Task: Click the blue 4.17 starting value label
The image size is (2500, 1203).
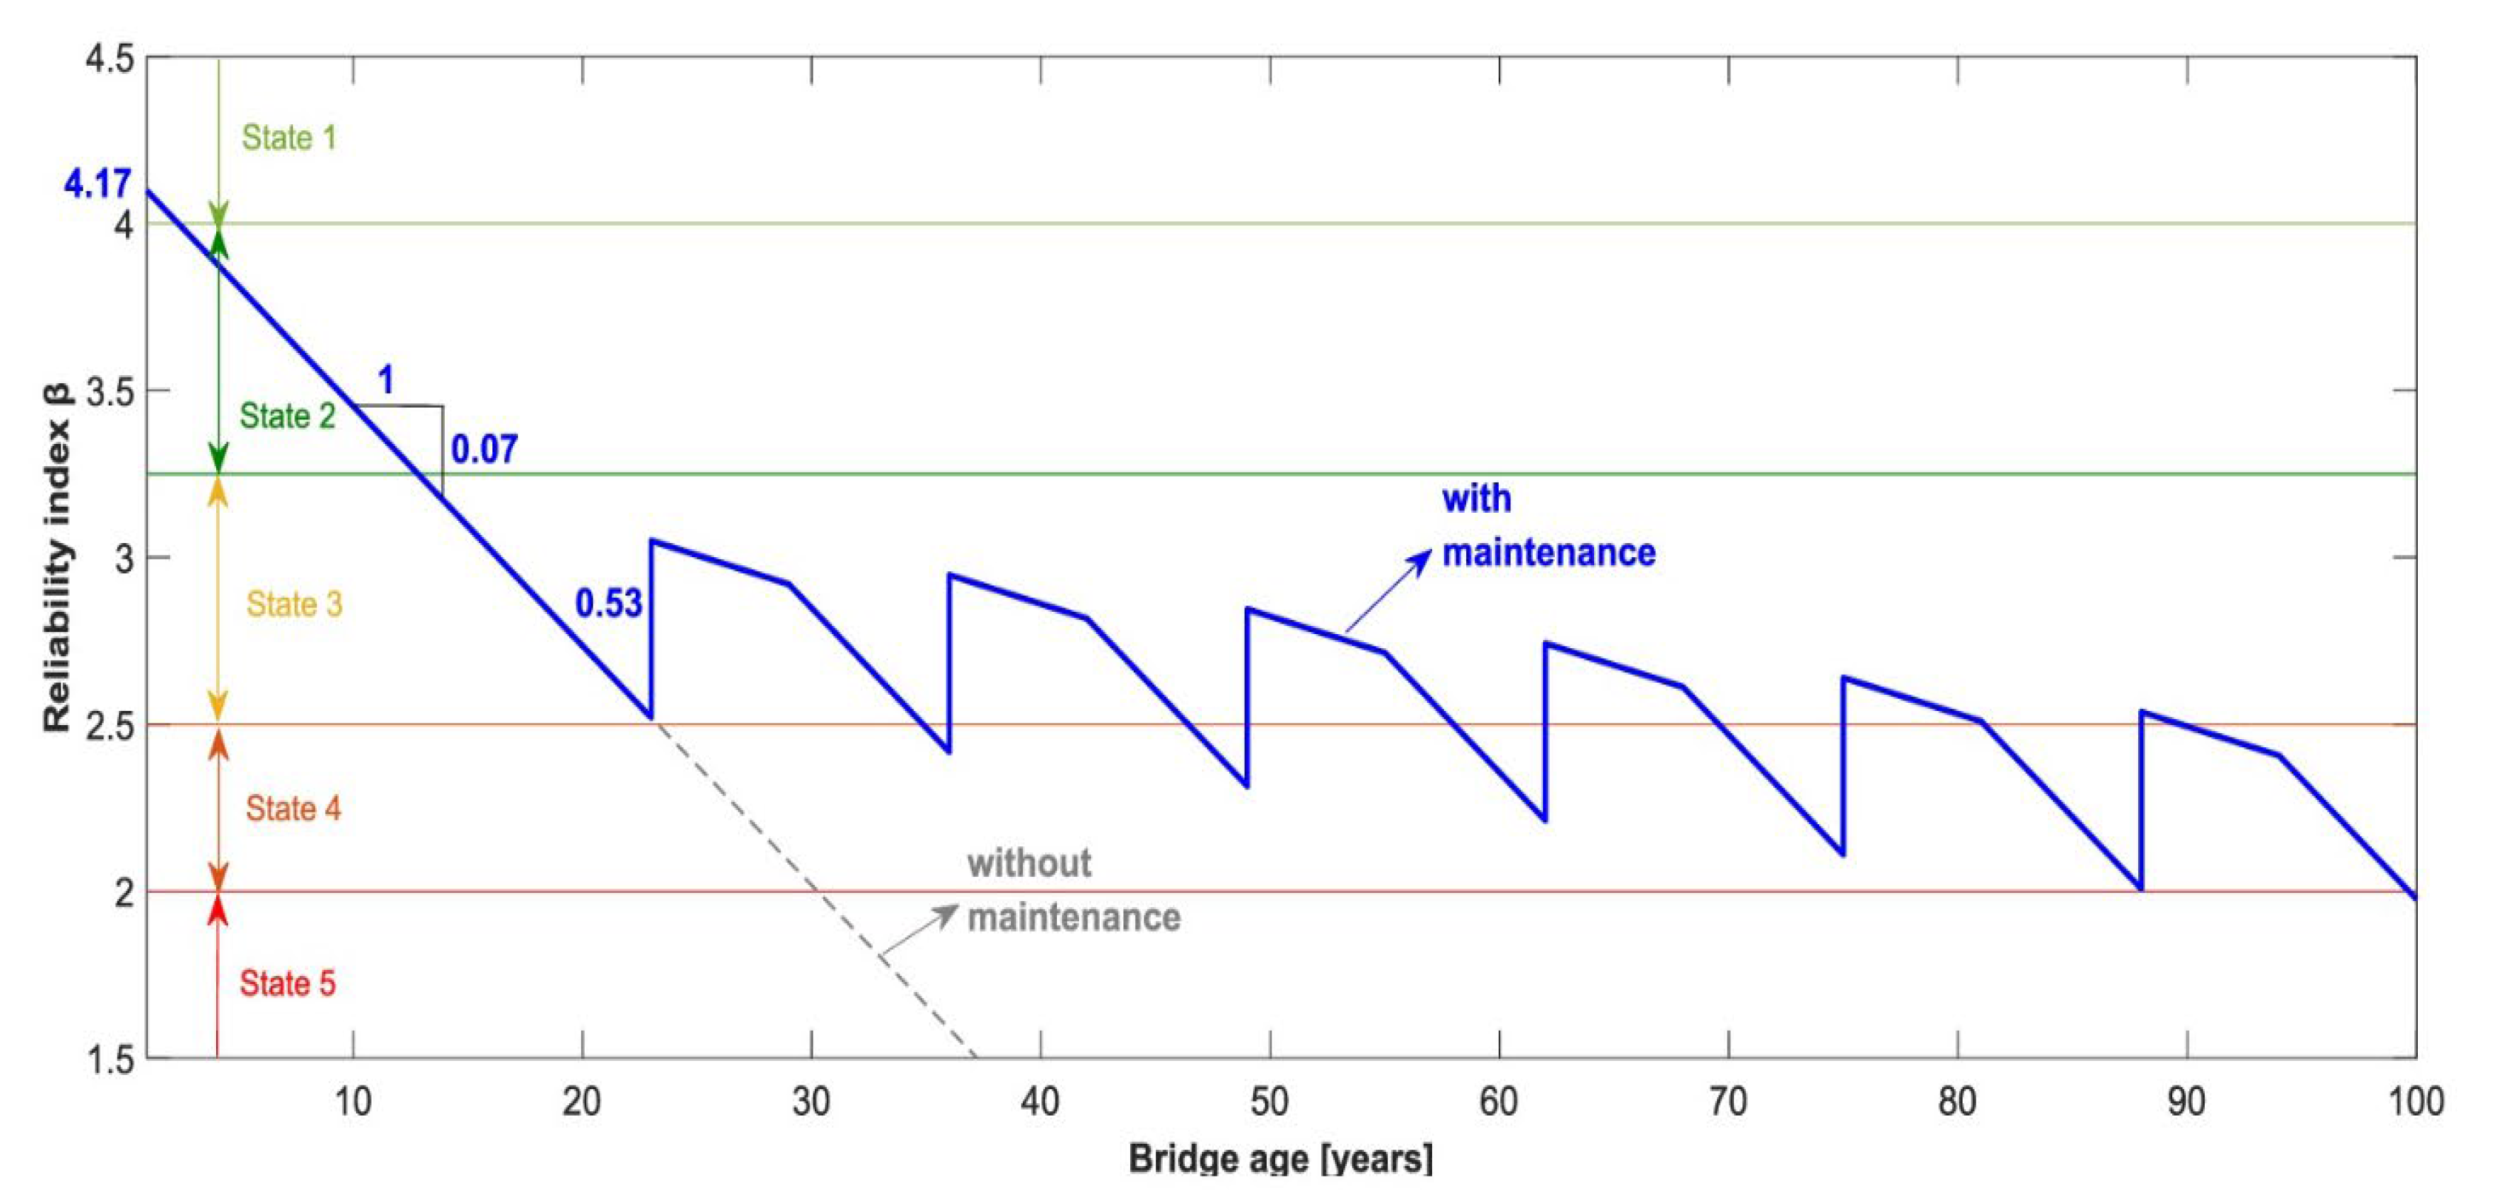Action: click(x=97, y=183)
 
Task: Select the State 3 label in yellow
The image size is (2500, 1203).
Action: click(x=294, y=604)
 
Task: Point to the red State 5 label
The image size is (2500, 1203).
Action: click(x=287, y=983)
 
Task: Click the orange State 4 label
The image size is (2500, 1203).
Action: click(x=293, y=808)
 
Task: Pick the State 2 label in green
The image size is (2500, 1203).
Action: click(x=287, y=417)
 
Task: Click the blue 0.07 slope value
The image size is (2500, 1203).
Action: click(x=484, y=449)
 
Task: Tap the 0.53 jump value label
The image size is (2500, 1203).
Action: click(x=608, y=604)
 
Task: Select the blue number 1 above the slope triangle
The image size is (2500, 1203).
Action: click(x=386, y=380)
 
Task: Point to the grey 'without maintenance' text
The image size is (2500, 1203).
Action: click(x=1072, y=889)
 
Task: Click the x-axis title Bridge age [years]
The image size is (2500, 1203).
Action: click(x=1279, y=1159)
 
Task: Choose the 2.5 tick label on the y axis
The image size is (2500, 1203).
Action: click(x=109, y=726)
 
